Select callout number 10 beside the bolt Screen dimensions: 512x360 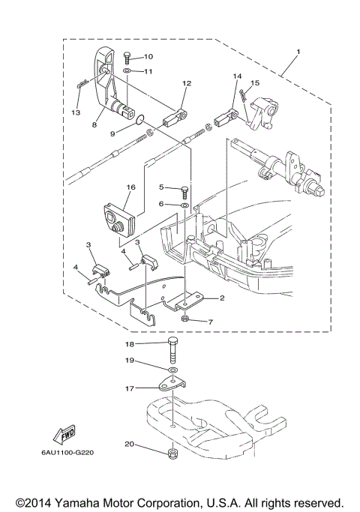(x=148, y=56)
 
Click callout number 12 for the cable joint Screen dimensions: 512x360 (x=187, y=84)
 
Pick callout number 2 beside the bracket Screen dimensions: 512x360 (x=222, y=298)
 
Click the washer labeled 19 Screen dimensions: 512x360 (x=173, y=371)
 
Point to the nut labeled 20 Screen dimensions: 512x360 (x=172, y=453)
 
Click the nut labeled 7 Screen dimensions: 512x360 (x=184, y=320)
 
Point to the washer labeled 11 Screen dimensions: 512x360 (x=129, y=71)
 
